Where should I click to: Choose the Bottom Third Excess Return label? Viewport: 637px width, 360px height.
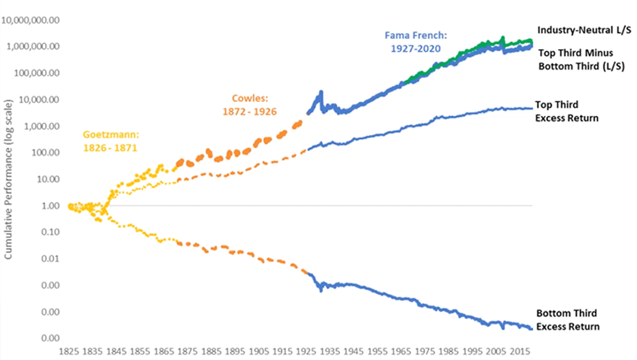pos(568,320)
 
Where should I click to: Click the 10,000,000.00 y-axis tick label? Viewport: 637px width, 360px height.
pos(31,20)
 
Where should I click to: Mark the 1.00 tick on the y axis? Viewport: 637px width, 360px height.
pos(49,206)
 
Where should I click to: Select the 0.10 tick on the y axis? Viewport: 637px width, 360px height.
pos(49,233)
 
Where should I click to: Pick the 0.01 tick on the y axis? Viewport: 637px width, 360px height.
pos(49,259)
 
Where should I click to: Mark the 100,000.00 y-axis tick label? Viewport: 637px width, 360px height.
pos(36,73)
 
